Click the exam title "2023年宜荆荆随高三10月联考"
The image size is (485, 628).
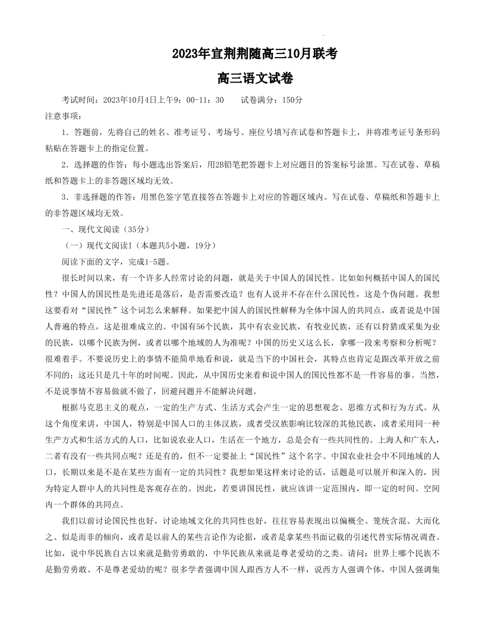[255, 54]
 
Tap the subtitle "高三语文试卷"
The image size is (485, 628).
[255, 78]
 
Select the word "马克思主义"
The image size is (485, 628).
[93, 407]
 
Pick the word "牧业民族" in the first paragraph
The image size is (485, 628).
[326, 326]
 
